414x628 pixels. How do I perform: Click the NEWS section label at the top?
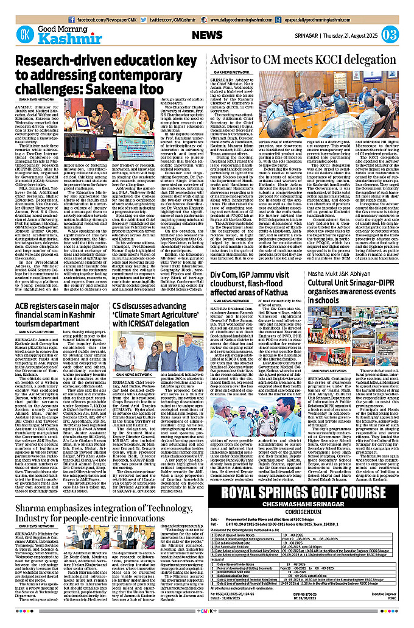point(207,35)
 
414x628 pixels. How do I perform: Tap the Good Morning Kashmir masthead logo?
point(54,34)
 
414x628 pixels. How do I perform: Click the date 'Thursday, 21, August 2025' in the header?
point(351,35)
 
